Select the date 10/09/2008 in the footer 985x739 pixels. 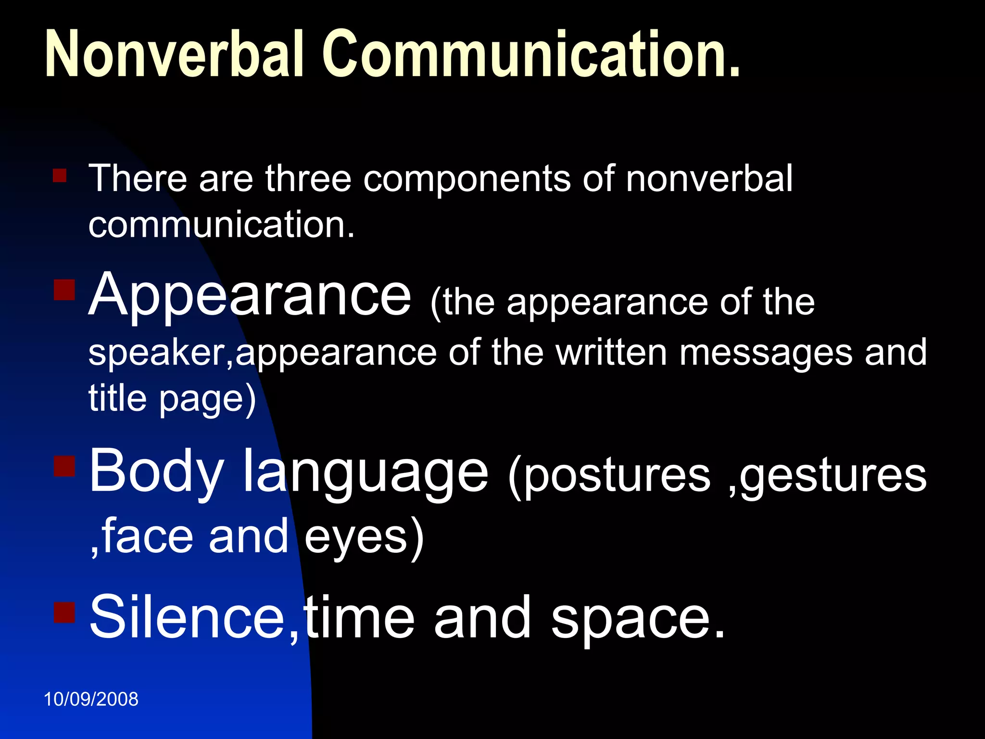point(91,699)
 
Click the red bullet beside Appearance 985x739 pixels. point(64,290)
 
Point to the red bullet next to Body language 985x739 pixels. point(64,466)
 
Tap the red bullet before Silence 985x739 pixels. point(64,612)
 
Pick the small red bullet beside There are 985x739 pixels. point(60,175)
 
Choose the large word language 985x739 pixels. point(366,474)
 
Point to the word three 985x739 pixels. point(308,178)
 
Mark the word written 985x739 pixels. point(611,352)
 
